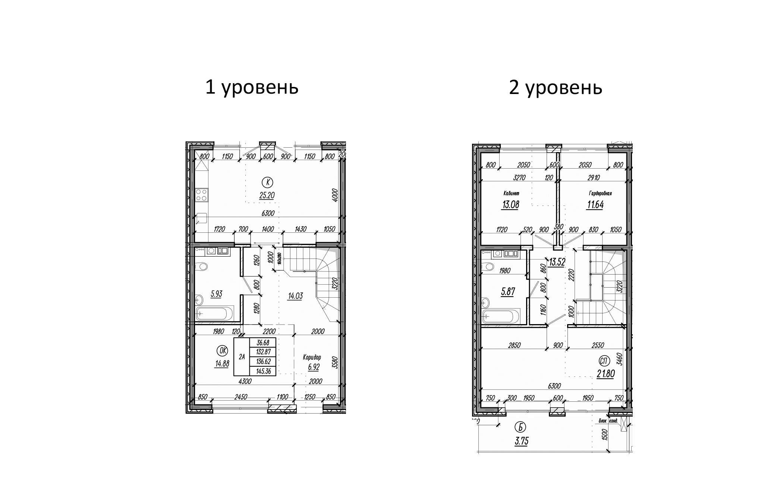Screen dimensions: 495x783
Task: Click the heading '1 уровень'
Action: tap(252, 88)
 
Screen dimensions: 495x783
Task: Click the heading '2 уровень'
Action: tap(556, 88)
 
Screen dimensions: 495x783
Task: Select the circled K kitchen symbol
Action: tap(268, 182)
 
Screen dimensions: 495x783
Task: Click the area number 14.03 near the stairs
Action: tap(295, 296)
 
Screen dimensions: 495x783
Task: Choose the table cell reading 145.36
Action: tap(263, 371)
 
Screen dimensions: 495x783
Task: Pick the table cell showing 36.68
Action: tap(263, 343)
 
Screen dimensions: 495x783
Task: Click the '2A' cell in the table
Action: tap(242, 357)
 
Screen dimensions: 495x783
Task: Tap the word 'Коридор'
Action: tap(312, 357)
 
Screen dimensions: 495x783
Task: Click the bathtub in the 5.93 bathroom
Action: tap(214, 313)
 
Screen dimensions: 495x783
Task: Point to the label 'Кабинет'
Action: tap(510, 194)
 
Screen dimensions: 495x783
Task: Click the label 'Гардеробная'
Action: tap(600, 194)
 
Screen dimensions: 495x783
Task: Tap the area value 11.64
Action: tap(595, 205)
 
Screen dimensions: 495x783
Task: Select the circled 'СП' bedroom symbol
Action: tap(604, 361)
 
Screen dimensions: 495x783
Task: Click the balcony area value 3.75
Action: tap(522, 441)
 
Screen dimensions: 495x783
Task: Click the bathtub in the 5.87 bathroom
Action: tap(501, 316)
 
